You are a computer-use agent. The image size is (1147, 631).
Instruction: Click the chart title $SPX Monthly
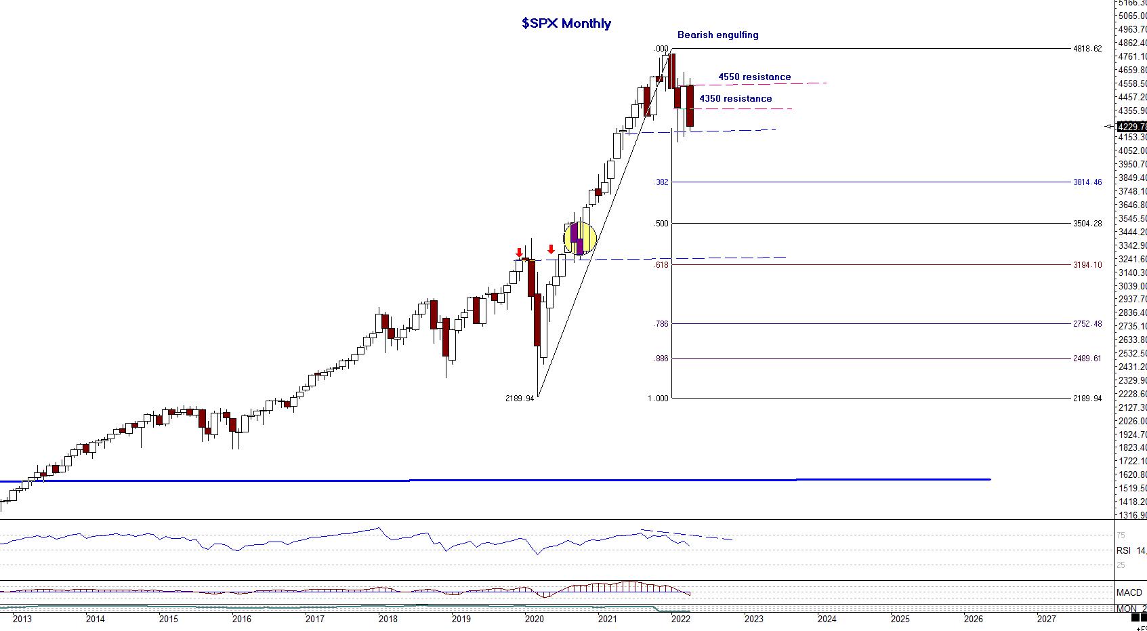566,23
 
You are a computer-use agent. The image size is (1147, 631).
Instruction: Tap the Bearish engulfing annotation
717,35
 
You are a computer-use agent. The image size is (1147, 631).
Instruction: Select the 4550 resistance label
754,77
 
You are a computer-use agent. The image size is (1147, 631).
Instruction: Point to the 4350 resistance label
735,98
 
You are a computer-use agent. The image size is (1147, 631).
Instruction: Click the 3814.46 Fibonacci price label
1087,182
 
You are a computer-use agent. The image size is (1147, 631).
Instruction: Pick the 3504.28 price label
1087,224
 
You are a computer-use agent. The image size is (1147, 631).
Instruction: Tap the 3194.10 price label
1087,265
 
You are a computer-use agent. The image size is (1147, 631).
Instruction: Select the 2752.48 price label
1087,324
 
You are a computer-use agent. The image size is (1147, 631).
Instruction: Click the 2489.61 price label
1087,359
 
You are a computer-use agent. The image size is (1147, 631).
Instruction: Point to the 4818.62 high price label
1087,49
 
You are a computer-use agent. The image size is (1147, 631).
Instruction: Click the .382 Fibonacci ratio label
661,182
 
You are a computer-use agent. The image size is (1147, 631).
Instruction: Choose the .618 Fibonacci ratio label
661,265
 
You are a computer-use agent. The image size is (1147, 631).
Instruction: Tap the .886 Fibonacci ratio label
661,359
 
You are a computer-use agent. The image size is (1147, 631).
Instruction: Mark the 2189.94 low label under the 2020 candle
520,399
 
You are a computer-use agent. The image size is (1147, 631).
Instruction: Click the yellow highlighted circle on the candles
581,239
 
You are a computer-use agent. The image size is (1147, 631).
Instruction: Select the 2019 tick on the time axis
461,619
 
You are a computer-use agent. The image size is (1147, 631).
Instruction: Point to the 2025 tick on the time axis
900,619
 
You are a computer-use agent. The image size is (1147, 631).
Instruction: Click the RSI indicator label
1124,550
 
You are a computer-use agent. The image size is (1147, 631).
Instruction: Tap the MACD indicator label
1129,592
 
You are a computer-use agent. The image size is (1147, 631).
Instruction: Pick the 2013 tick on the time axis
22,619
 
